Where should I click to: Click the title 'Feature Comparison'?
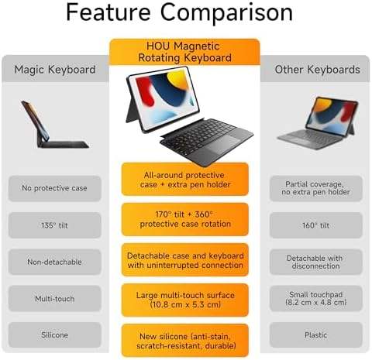point(179,12)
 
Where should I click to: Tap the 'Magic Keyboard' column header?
point(55,70)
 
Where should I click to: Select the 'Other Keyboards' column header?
point(317,70)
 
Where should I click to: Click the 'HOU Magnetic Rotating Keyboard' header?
point(184,52)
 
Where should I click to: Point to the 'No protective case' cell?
point(54,188)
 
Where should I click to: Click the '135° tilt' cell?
point(54,225)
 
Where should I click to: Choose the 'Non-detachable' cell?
point(54,262)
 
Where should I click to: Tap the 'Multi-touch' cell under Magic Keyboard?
point(54,299)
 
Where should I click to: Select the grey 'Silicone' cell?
point(54,335)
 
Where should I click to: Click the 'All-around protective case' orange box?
point(185,180)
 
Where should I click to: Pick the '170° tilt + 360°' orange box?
point(185,219)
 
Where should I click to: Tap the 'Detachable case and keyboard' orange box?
point(185,260)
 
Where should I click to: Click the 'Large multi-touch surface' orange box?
point(185,300)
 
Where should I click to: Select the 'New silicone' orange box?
point(185,341)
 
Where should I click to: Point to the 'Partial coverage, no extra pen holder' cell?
point(316,188)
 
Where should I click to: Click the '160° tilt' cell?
point(316,225)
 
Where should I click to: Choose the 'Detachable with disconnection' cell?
point(316,262)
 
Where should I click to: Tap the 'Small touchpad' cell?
point(316,299)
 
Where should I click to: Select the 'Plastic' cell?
point(316,335)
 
